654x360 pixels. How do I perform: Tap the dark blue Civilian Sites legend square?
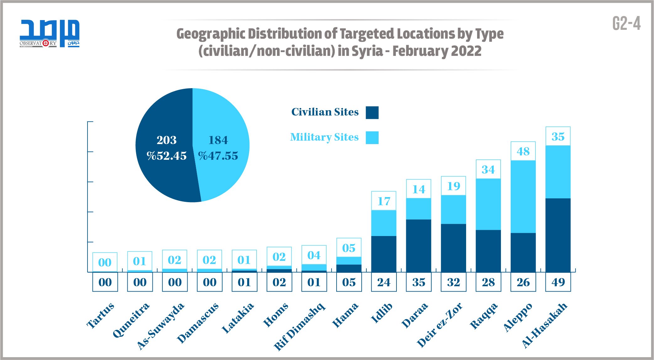click(x=372, y=113)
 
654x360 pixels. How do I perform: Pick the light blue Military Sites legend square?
click(x=372, y=138)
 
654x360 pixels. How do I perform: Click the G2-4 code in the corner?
click(x=626, y=24)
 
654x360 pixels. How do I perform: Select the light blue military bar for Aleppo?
click(x=523, y=196)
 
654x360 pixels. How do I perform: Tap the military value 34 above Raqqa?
click(x=488, y=170)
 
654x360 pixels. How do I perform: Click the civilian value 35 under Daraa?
click(x=419, y=282)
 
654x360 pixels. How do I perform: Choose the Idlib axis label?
click(x=381, y=313)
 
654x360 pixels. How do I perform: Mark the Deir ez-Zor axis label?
click(x=439, y=325)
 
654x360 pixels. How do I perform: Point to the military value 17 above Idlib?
click(x=384, y=201)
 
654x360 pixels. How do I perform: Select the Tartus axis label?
click(x=100, y=316)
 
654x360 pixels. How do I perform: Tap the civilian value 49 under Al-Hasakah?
click(x=558, y=282)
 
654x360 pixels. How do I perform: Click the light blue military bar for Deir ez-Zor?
click(x=454, y=209)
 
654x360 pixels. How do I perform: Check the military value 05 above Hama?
click(x=349, y=248)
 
